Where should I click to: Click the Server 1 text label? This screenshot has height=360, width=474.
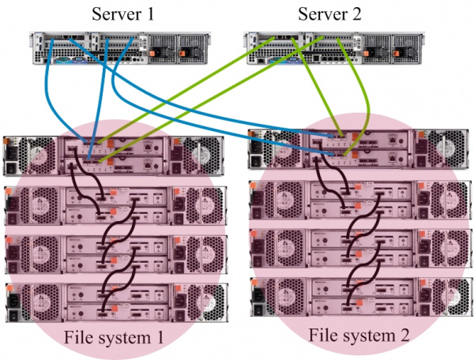pos(123,14)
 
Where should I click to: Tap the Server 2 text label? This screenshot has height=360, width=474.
pos(329,14)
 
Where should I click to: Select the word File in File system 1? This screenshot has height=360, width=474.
pos(77,337)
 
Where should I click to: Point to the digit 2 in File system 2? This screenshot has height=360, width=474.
pos(404,336)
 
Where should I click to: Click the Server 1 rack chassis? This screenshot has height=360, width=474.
pos(120,48)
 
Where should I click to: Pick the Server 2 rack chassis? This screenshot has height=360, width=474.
pos(333,48)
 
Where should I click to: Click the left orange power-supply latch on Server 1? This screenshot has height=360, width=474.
pos(152,54)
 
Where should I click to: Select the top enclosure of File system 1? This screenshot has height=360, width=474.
pos(114,156)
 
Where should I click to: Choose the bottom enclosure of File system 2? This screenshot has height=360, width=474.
pos(361,297)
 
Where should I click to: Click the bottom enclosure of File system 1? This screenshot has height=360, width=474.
pos(117,302)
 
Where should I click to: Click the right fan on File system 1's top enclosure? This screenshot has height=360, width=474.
pos(197,155)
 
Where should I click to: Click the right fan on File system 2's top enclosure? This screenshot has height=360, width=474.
pos(446,149)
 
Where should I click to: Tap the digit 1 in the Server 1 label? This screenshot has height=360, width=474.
pos(150,14)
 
